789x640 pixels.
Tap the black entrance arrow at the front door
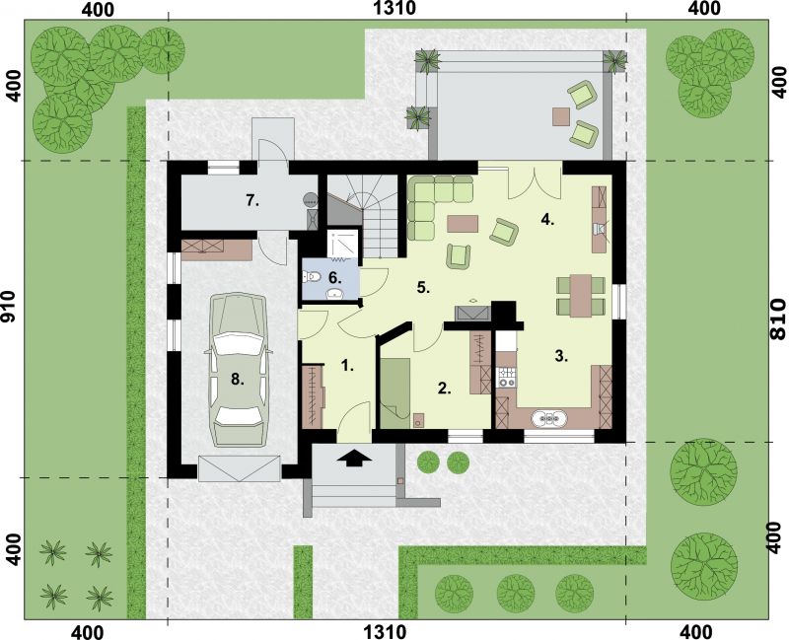pos(356,458)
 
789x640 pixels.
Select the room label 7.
pos(252,201)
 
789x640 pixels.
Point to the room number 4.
pos(547,220)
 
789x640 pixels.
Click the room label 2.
pos(445,389)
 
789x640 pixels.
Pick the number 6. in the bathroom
pos(335,278)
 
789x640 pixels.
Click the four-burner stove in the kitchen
pos(508,376)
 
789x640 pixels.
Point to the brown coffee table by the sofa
pos(462,224)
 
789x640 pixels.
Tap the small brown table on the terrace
pos(561,115)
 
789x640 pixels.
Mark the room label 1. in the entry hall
pos(346,366)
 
